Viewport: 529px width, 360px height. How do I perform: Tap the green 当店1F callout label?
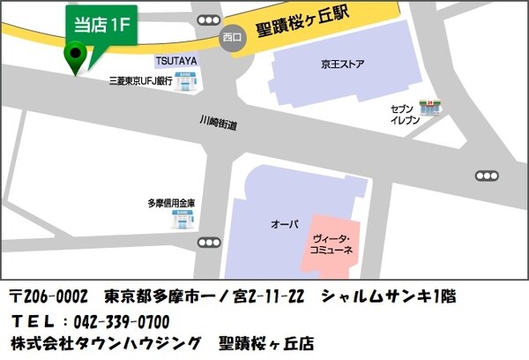click(x=101, y=25)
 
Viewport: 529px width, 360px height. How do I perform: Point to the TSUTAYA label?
click(x=176, y=60)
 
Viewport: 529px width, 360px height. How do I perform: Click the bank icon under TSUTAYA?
click(x=186, y=79)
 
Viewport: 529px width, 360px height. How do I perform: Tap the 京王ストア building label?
click(x=343, y=64)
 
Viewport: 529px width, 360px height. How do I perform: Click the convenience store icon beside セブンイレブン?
click(x=431, y=107)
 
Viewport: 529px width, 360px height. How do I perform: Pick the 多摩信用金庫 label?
click(x=172, y=203)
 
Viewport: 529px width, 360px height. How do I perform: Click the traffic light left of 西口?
click(x=209, y=19)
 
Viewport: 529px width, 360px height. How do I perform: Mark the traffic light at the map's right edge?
click(x=486, y=175)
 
